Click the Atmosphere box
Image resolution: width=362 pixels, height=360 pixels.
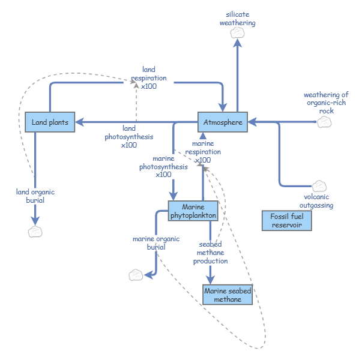pyautogui.click(x=223, y=122)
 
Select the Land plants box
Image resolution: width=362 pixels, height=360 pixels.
pyautogui.click(x=50, y=122)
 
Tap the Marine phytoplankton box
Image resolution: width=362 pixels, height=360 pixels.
pyautogui.click(x=193, y=211)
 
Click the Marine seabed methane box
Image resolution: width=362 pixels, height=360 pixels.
pyautogui.click(x=227, y=295)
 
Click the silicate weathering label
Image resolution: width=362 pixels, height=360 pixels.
pyautogui.click(x=237, y=19)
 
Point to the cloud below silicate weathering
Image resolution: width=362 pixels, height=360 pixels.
pyautogui.click(x=237, y=34)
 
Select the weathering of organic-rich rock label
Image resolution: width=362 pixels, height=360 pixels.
pyautogui.click(x=326, y=103)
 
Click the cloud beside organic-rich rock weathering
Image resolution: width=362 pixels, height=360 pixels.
pyautogui.click(x=324, y=122)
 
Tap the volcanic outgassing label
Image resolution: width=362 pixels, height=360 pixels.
pyautogui.click(x=316, y=201)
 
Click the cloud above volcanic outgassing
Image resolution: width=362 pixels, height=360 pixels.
pyautogui.click(x=319, y=185)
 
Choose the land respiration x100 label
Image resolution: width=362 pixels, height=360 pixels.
pyautogui.click(x=144, y=78)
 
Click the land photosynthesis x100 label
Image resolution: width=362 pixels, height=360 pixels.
pyautogui.click(x=129, y=136)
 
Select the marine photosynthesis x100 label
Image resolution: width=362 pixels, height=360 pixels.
pyautogui.click(x=163, y=167)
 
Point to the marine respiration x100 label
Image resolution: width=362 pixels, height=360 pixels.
pyautogui.click(x=203, y=152)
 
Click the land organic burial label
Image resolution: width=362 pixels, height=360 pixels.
pyautogui.click(x=35, y=196)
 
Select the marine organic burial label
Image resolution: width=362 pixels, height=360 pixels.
pyautogui.click(x=156, y=243)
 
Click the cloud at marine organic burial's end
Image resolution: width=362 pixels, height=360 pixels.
pyautogui.click(x=136, y=275)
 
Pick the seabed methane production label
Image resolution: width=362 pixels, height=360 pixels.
pyautogui.click(x=210, y=253)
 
